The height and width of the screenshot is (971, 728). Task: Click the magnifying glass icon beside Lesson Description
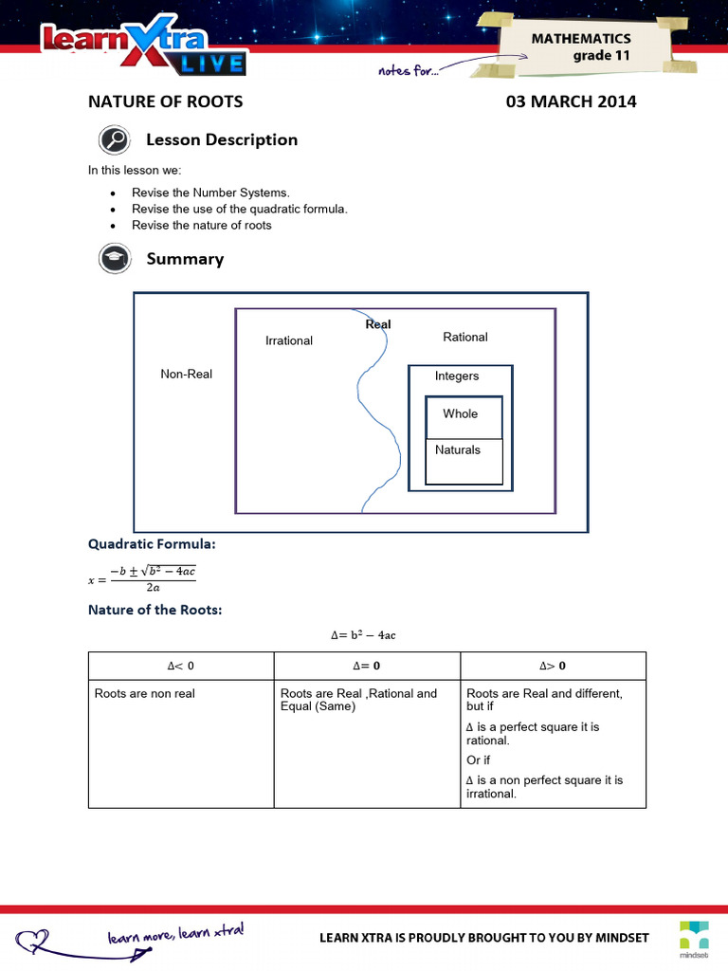click(x=114, y=140)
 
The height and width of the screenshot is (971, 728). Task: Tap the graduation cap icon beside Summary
click(x=114, y=259)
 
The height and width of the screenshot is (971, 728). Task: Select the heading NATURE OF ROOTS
click(x=166, y=101)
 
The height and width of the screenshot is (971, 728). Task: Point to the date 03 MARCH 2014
click(x=572, y=101)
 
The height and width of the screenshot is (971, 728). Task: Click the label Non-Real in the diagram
click(x=187, y=374)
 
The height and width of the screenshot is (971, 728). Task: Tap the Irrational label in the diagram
click(x=289, y=340)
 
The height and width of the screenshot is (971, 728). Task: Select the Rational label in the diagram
click(x=465, y=337)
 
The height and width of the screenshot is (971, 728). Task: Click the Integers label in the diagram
click(x=457, y=376)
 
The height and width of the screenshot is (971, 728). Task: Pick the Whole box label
click(x=461, y=413)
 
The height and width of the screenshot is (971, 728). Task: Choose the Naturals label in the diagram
click(x=458, y=449)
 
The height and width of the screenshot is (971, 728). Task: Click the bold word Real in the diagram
click(x=378, y=324)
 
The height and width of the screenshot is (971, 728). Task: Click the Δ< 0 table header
click(x=180, y=666)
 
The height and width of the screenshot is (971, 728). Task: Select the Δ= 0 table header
click(x=366, y=666)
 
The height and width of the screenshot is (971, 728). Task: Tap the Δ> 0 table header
click(x=553, y=666)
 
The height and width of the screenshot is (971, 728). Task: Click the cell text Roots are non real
click(x=145, y=693)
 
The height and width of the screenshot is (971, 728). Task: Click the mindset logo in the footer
click(x=693, y=936)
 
